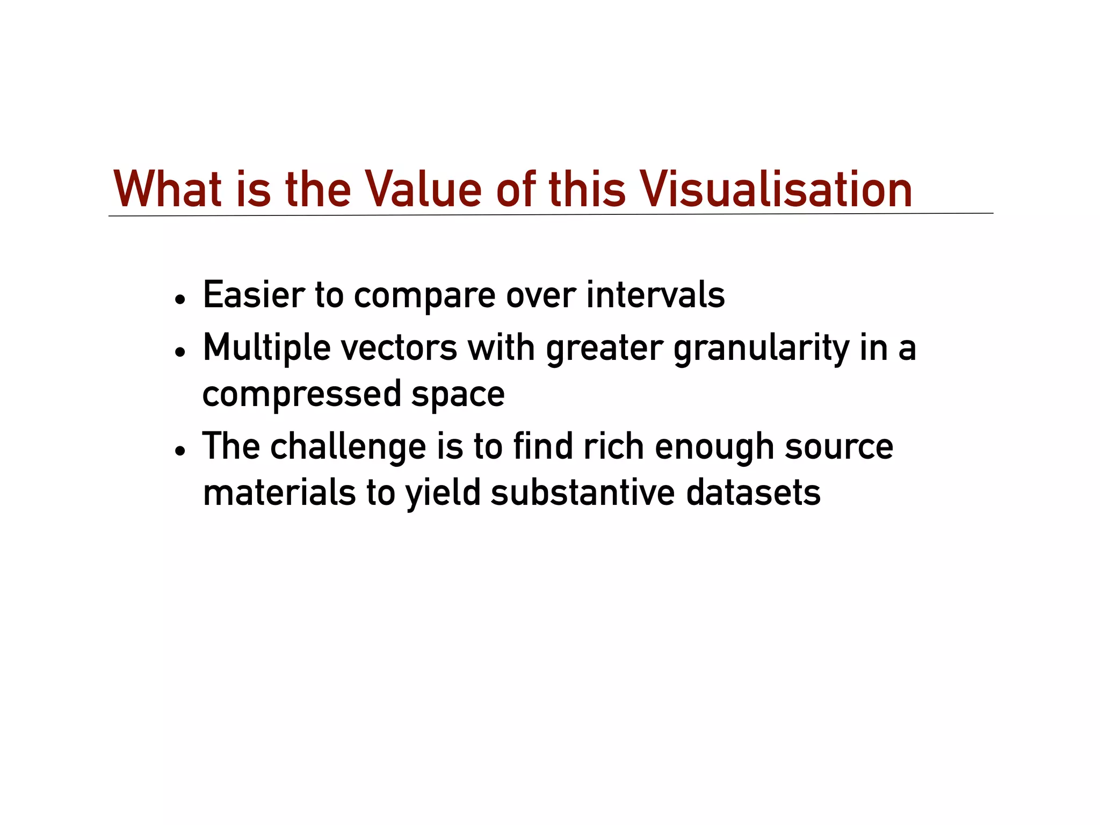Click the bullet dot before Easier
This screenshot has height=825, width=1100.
pyautogui.click(x=180, y=299)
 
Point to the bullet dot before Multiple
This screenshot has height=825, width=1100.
pyautogui.click(x=180, y=352)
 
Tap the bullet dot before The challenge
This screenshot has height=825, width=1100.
pyautogui.click(x=180, y=451)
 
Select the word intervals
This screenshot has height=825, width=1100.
pyautogui.click(x=655, y=295)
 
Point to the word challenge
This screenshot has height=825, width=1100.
pyautogui.click(x=348, y=447)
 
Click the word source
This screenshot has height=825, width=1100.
pyautogui.click(x=839, y=447)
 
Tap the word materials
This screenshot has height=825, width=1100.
pyautogui.click(x=279, y=493)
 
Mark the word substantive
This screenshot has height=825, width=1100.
pyautogui.click(x=582, y=493)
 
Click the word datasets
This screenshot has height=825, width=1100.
pyautogui.click(x=754, y=493)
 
